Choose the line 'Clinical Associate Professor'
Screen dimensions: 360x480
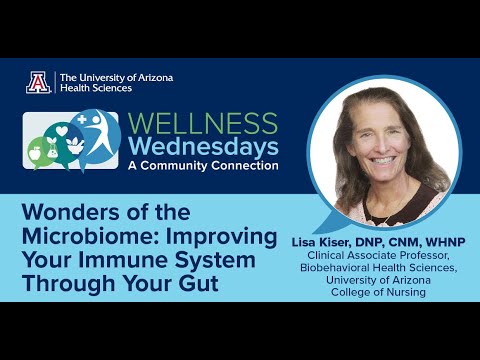pos(376,255)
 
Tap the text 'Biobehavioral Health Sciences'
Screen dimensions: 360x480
pos(376,268)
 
